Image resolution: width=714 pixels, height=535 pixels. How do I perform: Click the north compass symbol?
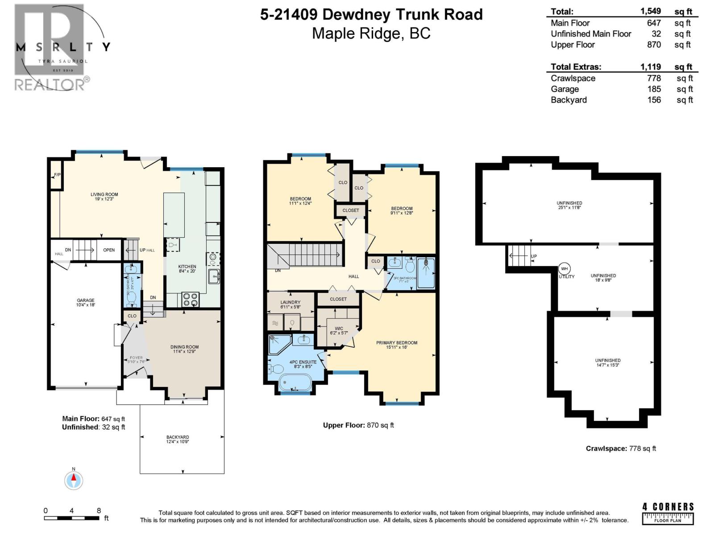point(74,480)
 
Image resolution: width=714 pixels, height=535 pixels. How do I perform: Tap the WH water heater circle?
point(564,269)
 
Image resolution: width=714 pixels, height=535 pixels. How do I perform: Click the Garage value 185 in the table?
point(654,89)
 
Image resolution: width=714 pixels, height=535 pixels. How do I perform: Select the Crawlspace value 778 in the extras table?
point(654,78)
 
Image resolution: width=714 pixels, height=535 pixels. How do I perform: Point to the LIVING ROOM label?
point(104,194)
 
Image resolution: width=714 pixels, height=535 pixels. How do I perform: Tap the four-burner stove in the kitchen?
point(191,299)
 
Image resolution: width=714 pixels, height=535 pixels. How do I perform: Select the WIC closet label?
point(339,329)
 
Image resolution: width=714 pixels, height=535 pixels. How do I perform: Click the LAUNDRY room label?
point(290,302)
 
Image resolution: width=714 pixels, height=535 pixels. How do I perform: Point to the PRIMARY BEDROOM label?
point(397,343)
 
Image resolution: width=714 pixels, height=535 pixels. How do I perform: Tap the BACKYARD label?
point(178,437)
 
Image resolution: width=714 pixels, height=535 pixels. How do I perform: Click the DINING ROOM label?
point(184,347)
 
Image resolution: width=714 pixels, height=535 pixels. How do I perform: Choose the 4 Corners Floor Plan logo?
point(668,514)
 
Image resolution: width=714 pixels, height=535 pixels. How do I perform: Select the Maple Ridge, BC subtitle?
point(371,33)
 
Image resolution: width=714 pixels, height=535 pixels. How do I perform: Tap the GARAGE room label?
point(85,300)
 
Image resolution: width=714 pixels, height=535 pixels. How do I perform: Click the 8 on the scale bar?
point(99,511)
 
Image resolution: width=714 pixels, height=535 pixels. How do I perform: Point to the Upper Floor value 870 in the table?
point(654,45)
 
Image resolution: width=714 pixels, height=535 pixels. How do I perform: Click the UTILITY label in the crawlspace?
point(567,277)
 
